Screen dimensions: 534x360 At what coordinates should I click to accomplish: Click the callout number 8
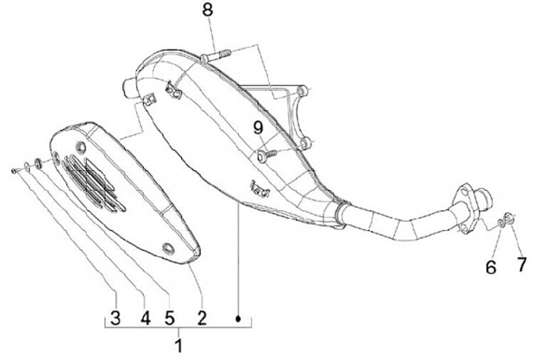point(207,10)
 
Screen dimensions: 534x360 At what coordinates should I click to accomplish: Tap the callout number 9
point(258,128)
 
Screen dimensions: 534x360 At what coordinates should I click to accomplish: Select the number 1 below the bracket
point(177,346)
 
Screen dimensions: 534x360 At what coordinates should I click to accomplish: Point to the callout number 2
point(201,318)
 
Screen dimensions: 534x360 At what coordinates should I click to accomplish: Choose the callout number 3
point(115,318)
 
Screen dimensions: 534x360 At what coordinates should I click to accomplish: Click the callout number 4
point(145,318)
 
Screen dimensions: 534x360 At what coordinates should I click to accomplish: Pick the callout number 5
point(169,318)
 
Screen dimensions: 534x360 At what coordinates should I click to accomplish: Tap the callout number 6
point(490,266)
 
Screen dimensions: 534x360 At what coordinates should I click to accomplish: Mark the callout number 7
point(522,264)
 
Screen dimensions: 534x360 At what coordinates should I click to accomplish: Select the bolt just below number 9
point(266,154)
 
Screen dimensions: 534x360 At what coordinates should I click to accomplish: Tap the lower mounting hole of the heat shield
point(168,247)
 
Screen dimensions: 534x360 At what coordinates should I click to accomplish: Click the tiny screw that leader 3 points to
point(16,171)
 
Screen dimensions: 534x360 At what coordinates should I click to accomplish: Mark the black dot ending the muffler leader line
point(239,318)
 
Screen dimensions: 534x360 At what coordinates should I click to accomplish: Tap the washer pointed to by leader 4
point(28,166)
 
